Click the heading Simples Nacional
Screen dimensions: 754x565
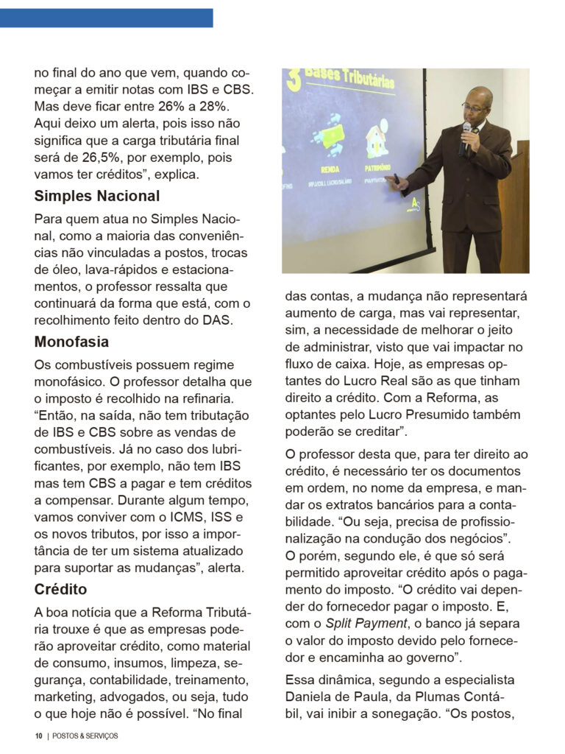(x=96, y=197)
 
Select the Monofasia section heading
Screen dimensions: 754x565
(x=71, y=342)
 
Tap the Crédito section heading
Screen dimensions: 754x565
(x=60, y=589)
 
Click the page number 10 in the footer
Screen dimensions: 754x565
(x=38, y=736)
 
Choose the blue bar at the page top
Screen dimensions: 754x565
(x=107, y=18)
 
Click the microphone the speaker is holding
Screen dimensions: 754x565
(x=465, y=135)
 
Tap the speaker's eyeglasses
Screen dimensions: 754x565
(x=475, y=108)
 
